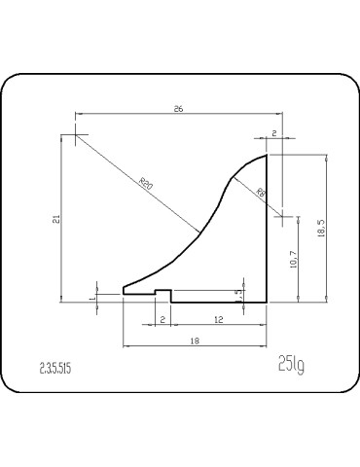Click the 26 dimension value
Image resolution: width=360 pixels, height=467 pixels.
pos(178,109)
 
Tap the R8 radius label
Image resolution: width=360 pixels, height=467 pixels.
pos(261,193)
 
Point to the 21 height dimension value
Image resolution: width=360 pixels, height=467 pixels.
pos(55,220)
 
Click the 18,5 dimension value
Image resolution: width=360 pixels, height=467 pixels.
pos(321,228)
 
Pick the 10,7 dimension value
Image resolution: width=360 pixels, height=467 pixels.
pos(294,260)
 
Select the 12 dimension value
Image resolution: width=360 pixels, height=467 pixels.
pos(219,320)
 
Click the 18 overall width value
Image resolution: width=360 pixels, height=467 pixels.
pos(195,341)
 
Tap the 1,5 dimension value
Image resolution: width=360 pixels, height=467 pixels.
pos(239,295)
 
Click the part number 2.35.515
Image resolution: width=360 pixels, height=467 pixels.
pos(55,369)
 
